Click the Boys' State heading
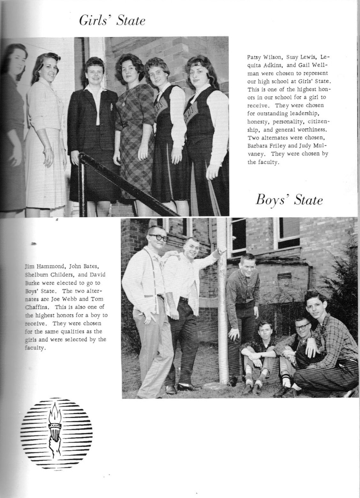(289, 200)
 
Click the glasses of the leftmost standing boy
(158, 238)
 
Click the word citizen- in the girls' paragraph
(316, 121)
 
